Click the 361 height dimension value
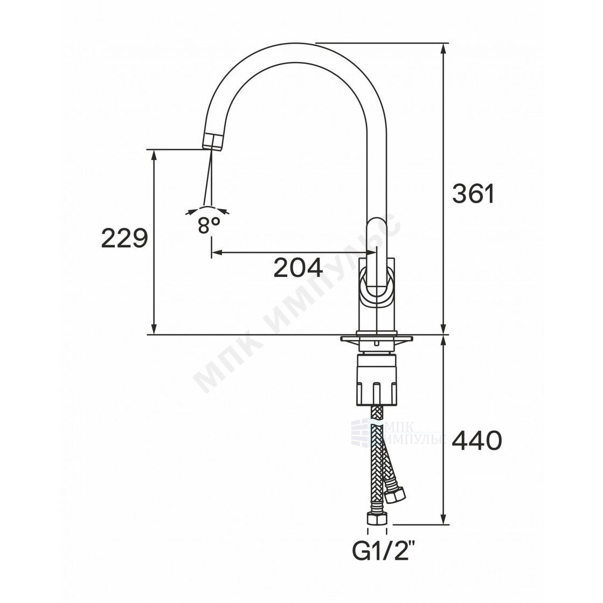click(473, 193)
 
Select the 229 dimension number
click(124, 238)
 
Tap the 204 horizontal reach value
click(299, 268)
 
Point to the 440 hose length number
click(476, 440)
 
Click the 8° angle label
click(209, 226)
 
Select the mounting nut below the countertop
click(377, 379)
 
